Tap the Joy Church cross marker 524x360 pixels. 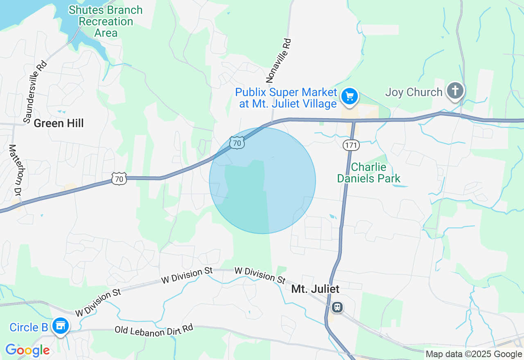pyautogui.click(x=455, y=90)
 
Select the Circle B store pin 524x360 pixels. pyautogui.click(x=61, y=326)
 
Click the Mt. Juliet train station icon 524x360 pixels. pyautogui.click(x=337, y=307)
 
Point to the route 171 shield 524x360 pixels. pyautogui.click(x=351, y=145)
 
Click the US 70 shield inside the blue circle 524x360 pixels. pyautogui.click(x=237, y=142)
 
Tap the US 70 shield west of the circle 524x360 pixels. pyautogui.click(x=119, y=178)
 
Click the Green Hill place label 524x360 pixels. pyautogui.click(x=59, y=123)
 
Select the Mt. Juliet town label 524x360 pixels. pyautogui.click(x=315, y=289)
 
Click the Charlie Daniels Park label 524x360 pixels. pyautogui.click(x=368, y=173)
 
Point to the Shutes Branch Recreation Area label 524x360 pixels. pyautogui.click(x=106, y=21)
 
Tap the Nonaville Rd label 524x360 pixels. pyautogui.click(x=279, y=60)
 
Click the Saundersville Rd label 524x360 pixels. pyautogui.click(x=35, y=91)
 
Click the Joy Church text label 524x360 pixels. pyautogui.click(x=414, y=92)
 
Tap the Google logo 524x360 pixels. pyautogui.click(x=27, y=350)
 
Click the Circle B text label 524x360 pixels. pyautogui.click(x=29, y=327)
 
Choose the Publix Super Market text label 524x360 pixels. pyautogui.click(x=286, y=98)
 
